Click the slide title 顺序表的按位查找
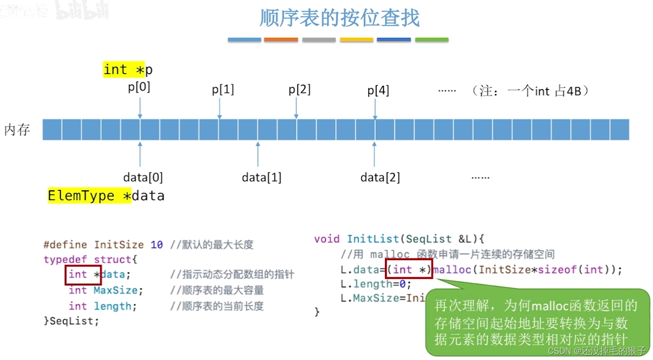tap(340, 18)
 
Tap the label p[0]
tap(139, 87)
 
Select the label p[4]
tap(378, 91)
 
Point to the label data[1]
tap(262, 177)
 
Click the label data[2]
tap(380, 177)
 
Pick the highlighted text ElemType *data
tap(106, 196)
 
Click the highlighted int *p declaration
tap(128, 70)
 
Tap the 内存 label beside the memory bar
tap(17, 130)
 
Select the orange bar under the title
tap(281, 40)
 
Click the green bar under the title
tap(432, 40)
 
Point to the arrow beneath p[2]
tap(296, 108)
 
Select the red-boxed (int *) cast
tap(409, 270)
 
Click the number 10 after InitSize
tap(157, 244)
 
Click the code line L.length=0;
tap(369, 284)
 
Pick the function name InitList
tap(372, 239)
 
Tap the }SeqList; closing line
tap(71, 321)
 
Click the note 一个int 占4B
tap(536, 91)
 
